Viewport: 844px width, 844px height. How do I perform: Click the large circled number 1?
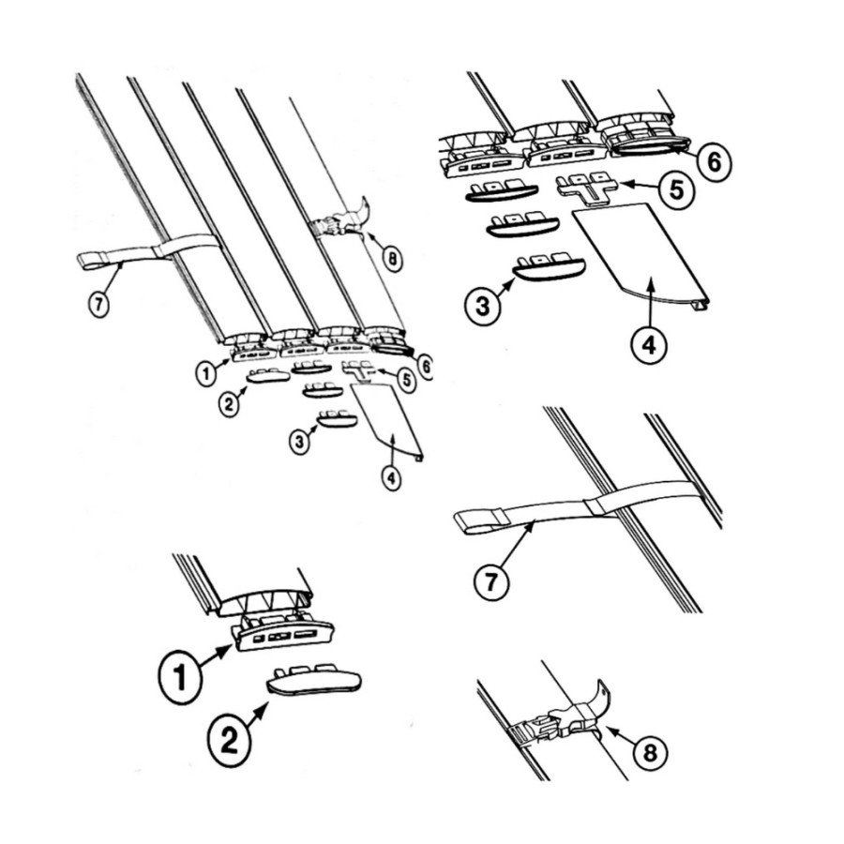180,677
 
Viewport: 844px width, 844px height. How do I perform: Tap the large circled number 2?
230,741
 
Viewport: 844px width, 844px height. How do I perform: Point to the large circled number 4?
650,345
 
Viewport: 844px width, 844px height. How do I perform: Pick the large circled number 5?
676,190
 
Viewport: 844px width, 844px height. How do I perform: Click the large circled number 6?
714,162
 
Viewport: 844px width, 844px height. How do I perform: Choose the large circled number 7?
490,583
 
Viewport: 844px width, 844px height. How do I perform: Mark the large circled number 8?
649,752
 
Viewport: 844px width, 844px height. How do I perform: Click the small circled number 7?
98,305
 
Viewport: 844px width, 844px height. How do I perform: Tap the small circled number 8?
394,260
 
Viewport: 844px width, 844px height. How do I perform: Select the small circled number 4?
391,478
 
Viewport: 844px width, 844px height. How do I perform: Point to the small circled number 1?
205,373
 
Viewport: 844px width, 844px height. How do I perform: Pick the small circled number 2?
230,404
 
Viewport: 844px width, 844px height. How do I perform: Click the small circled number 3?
300,443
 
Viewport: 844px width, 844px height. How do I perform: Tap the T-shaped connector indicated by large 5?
588,188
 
